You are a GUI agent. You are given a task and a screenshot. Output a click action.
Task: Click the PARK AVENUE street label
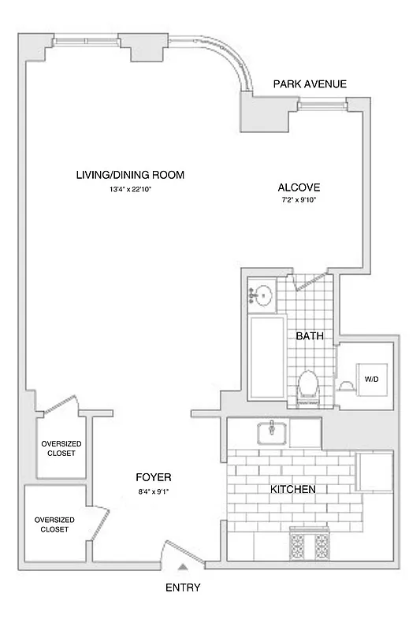coord(310,84)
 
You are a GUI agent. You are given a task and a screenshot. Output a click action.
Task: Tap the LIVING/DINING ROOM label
coord(130,175)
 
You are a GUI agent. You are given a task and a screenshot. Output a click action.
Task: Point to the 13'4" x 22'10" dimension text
coord(130,190)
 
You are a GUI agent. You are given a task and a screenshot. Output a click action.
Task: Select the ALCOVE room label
coord(299,187)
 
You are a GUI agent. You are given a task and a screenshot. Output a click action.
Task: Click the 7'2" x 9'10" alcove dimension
coord(299,201)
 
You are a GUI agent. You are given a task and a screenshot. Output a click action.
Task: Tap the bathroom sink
coord(262,295)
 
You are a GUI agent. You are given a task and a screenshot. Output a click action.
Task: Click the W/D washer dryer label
coord(370,379)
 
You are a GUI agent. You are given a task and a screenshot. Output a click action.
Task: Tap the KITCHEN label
coord(293,489)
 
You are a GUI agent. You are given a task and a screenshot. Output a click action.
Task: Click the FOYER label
coord(153,478)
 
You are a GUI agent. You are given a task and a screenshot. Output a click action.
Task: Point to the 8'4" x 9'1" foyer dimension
coord(153,491)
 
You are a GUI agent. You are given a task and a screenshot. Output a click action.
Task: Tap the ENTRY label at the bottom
coord(183,587)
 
